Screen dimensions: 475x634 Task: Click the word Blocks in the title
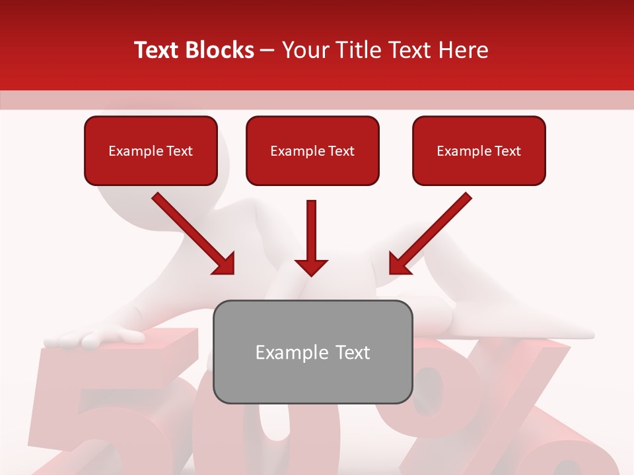click(221, 50)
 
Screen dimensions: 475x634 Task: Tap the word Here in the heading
click(463, 50)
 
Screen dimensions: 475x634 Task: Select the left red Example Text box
click(151, 150)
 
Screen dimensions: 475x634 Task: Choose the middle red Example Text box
click(312, 150)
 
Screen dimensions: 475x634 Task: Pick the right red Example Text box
click(479, 150)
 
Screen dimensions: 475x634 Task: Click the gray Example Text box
click(312, 352)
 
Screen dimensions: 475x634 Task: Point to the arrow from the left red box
click(193, 234)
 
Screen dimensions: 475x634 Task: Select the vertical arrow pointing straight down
click(311, 237)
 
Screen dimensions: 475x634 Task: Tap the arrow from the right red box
click(431, 234)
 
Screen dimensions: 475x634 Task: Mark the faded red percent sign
click(502, 409)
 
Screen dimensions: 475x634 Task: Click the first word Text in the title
click(157, 50)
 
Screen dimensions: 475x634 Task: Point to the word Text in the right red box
click(507, 151)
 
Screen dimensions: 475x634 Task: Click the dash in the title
click(267, 50)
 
